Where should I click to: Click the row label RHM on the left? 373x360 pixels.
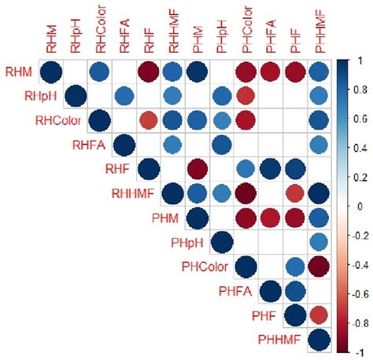[x=20, y=73]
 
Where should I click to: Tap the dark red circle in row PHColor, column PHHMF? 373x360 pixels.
[x=319, y=268]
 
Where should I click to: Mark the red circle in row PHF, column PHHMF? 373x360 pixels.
[x=319, y=317]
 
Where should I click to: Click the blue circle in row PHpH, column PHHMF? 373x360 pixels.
[x=319, y=244]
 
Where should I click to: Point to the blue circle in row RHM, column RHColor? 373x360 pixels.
[x=99, y=73]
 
